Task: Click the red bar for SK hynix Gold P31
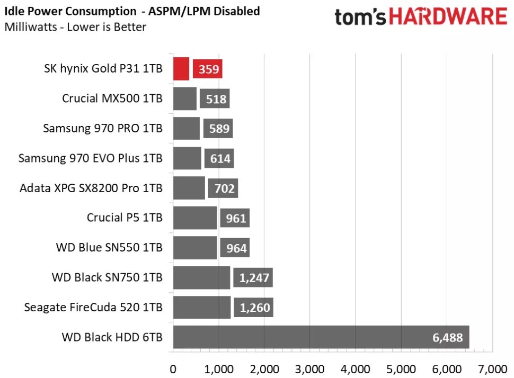pyautogui.click(x=181, y=69)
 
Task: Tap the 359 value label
pyautogui.click(x=208, y=69)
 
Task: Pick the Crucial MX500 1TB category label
pyautogui.click(x=112, y=98)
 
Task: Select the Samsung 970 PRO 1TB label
pyautogui.click(x=103, y=129)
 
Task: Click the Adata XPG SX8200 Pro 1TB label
pyautogui.click(x=91, y=188)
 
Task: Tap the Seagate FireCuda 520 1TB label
pyautogui.click(x=93, y=308)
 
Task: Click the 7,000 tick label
pyautogui.click(x=492, y=368)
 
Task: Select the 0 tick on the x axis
pyautogui.click(x=173, y=368)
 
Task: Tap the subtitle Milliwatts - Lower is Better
pyautogui.click(x=75, y=26)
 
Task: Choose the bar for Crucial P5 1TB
pyautogui.click(x=195, y=218)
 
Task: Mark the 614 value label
pyautogui.click(x=219, y=158)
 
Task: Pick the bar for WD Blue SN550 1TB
pyautogui.click(x=195, y=248)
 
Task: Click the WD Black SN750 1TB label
pyautogui.click(x=107, y=277)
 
